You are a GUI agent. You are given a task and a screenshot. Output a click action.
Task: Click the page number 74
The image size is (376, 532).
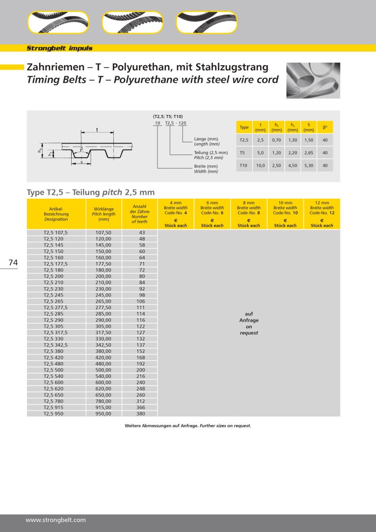(13, 262)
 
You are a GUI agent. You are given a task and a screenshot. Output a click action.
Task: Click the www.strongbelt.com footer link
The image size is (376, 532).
(56, 520)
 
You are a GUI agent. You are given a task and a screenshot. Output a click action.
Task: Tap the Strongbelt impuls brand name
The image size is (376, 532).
(59, 48)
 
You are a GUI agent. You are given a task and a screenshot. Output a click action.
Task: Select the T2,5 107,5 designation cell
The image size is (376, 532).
(56, 233)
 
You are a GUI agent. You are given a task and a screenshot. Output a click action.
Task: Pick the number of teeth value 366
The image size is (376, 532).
(140, 408)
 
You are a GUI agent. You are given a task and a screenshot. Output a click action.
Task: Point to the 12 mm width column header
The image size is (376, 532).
(321, 214)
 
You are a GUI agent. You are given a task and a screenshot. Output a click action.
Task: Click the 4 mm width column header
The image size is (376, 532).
(175, 214)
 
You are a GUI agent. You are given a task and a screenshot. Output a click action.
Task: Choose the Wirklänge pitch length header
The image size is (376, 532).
(104, 214)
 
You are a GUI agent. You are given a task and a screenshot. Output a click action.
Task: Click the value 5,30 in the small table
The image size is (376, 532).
(308, 165)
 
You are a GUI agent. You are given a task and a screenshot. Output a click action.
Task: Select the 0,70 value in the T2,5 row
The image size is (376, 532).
(276, 140)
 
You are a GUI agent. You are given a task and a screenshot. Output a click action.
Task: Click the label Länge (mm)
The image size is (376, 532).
(206, 139)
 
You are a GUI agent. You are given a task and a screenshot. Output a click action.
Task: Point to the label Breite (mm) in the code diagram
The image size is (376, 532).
(206, 166)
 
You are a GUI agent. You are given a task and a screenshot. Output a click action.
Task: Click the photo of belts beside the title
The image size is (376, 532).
(313, 80)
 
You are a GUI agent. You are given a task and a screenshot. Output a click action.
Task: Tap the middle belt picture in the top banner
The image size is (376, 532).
(132, 23)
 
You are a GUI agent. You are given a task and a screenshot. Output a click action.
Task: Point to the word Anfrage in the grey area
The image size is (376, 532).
(249, 320)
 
